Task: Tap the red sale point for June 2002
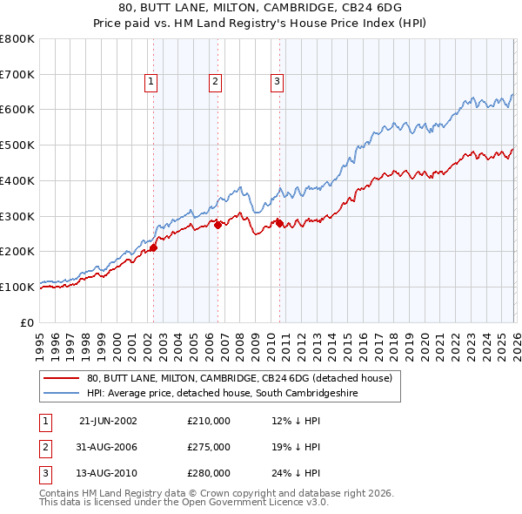click(153, 247)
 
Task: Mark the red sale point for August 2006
click(217, 225)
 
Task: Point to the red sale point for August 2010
click(279, 223)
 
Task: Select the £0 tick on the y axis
click(28, 322)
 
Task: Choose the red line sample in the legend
click(62, 378)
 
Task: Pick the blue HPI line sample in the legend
click(62, 394)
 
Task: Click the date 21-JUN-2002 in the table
click(107, 421)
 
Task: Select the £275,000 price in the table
click(209, 447)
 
